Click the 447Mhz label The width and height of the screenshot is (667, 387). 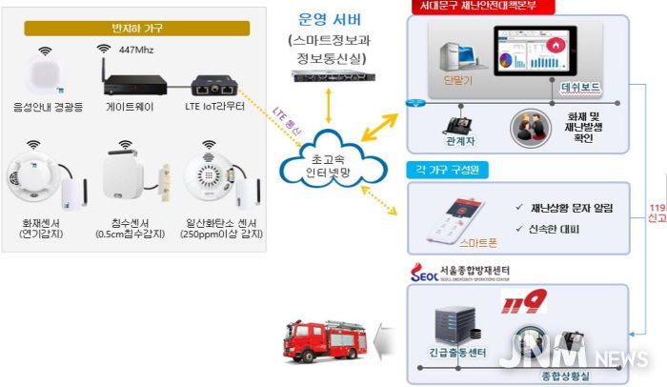(x=137, y=48)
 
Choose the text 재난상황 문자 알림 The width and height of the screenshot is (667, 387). (x=563, y=207)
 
